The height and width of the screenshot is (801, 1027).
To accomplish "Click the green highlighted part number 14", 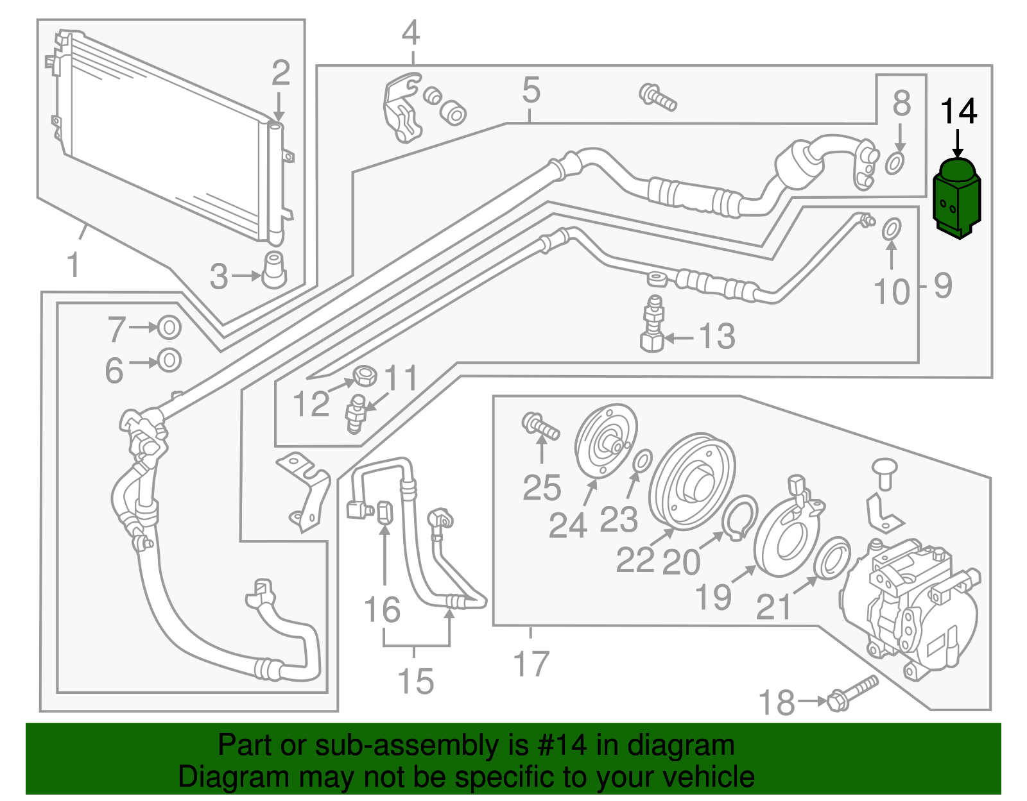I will (x=956, y=199).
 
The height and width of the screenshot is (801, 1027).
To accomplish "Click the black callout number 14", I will (x=958, y=112).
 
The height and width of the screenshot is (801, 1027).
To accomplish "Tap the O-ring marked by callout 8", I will (x=895, y=164).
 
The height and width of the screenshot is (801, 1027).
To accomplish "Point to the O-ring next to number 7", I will (x=169, y=328).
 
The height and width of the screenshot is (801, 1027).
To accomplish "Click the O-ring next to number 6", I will (x=169, y=360).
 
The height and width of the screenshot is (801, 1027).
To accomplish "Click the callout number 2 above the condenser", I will (x=280, y=73).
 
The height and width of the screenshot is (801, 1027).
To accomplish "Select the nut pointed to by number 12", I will (x=365, y=375).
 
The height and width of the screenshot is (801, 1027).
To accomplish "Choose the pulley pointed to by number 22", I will (x=691, y=481).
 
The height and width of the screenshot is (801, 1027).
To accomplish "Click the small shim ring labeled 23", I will (x=643, y=460).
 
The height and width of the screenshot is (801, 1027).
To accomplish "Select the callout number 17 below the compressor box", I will (x=531, y=664).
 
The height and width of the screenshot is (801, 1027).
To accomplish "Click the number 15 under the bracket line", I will (x=416, y=681).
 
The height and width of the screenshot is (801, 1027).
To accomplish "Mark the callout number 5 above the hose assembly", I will (x=531, y=90).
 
